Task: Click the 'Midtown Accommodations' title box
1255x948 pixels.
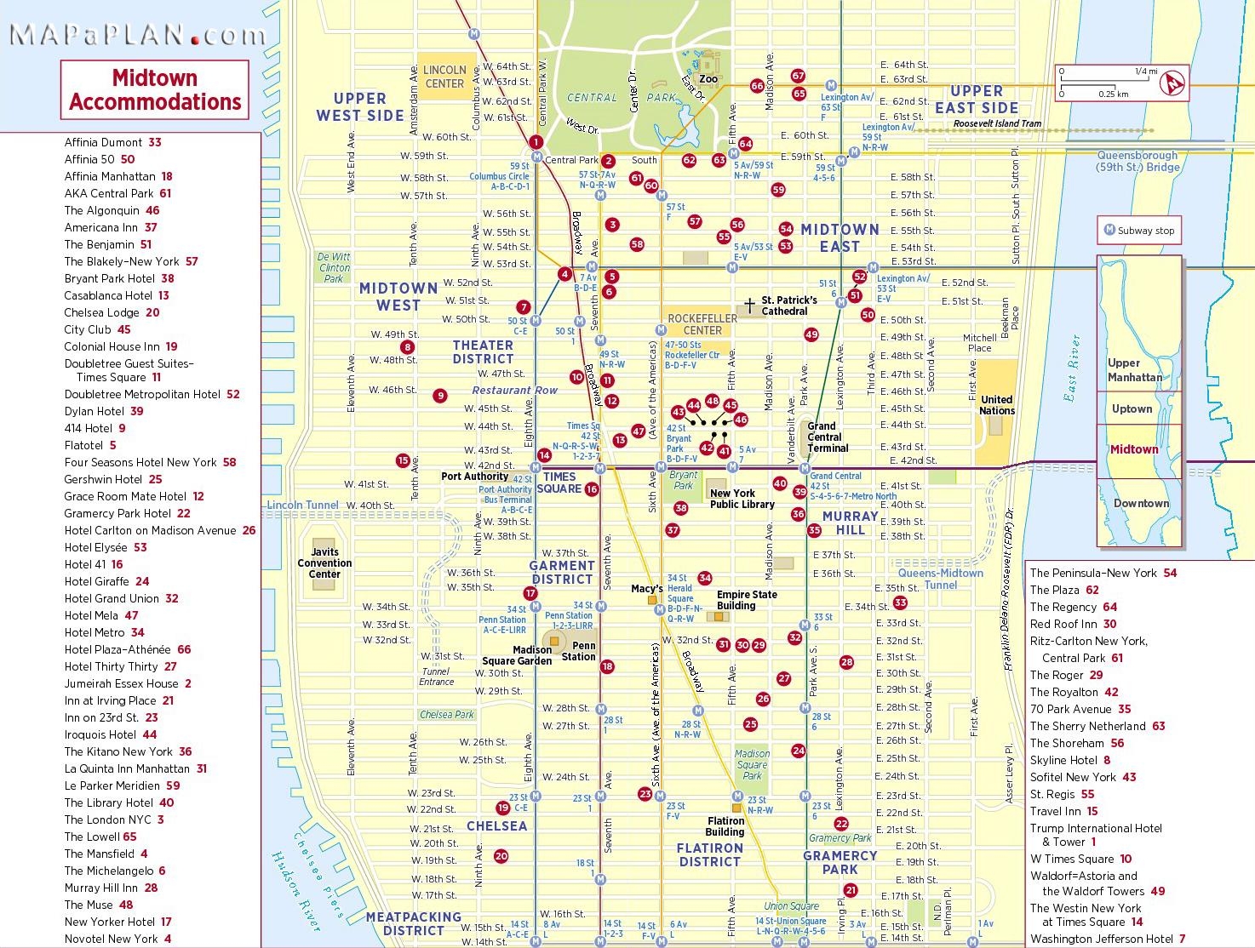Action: (x=155, y=90)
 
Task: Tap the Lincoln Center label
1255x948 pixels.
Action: (x=444, y=77)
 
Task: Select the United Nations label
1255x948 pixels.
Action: (x=996, y=405)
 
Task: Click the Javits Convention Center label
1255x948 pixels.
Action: (x=324, y=563)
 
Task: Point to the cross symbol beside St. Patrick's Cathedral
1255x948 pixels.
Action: (x=749, y=305)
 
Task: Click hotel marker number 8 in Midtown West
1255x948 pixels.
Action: (x=408, y=347)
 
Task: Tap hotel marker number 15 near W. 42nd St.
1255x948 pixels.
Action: (x=403, y=460)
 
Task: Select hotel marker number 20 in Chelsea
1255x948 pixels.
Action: (x=501, y=856)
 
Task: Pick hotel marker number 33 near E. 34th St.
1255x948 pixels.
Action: (x=900, y=602)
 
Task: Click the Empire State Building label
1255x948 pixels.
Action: (x=746, y=600)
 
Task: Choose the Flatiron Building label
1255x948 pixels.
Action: (x=725, y=826)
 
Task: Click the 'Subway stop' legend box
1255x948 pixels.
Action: (x=1138, y=230)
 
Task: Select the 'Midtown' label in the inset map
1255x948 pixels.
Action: (x=1133, y=449)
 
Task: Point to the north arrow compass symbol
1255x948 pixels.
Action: (x=1175, y=83)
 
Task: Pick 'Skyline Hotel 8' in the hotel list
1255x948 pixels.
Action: (x=1069, y=760)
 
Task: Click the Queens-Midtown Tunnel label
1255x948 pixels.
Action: (x=940, y=579)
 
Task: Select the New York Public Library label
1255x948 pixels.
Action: (x=742, y=499)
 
